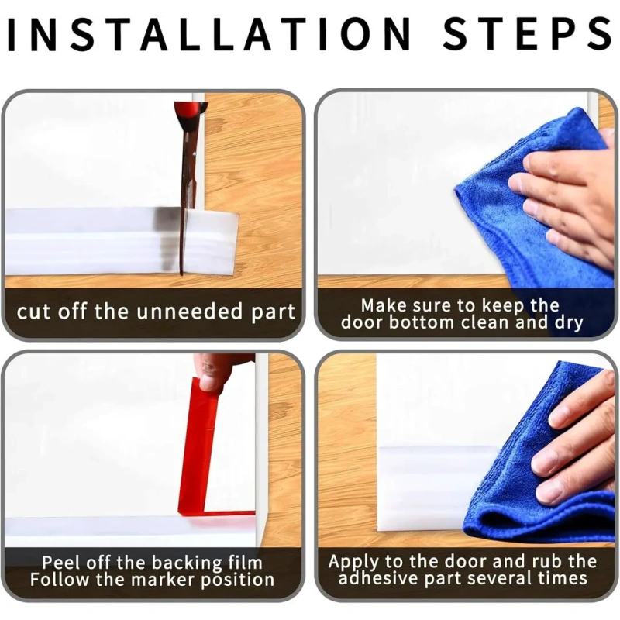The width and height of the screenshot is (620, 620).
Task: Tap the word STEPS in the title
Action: (x=527, y=34)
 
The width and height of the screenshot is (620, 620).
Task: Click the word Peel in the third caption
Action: (x=60, y=563)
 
